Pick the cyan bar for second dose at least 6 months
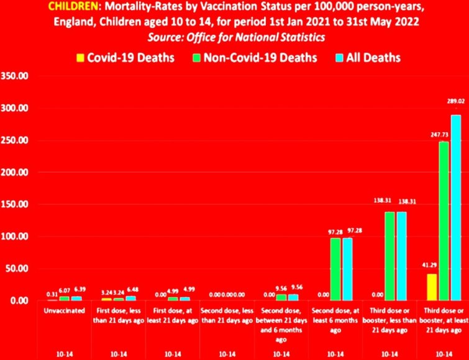(x=348, y=269)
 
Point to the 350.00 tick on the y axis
(x=16, y=76)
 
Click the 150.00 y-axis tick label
(x=16, y=204)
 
